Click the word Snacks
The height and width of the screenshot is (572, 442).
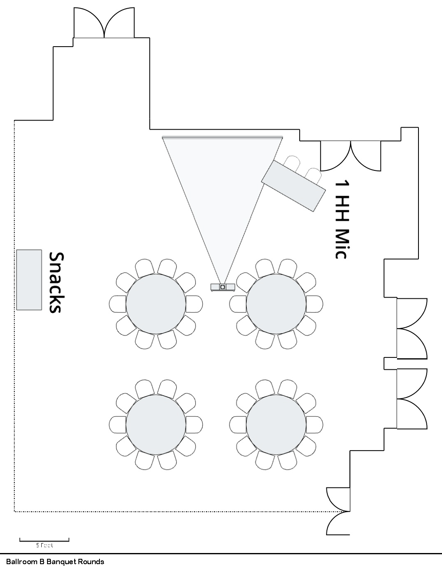click(55, 283)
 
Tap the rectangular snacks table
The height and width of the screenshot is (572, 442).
click(29, 280)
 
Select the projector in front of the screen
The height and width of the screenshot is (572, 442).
click(223, 287)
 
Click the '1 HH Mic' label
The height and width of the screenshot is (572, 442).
click(342, 219)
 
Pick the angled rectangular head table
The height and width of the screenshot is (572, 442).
click(294, 186)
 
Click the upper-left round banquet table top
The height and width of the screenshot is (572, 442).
click(156, 304)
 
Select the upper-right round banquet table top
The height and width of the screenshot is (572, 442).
click(276, 304)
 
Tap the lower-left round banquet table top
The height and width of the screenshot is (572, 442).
click(156, 425)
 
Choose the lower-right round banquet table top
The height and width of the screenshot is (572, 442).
click(276, 425)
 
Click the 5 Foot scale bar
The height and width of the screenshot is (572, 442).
click(44, 540)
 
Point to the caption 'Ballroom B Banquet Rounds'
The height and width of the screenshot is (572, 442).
click(55, 562)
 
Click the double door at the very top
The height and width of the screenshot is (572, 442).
click(104, 23)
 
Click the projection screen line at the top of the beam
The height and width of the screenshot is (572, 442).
click(222, 137)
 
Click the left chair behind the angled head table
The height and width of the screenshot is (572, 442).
click(292, 162)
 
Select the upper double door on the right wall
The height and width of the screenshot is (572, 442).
click(411, 329)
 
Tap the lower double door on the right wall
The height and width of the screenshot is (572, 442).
click(411, 398)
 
